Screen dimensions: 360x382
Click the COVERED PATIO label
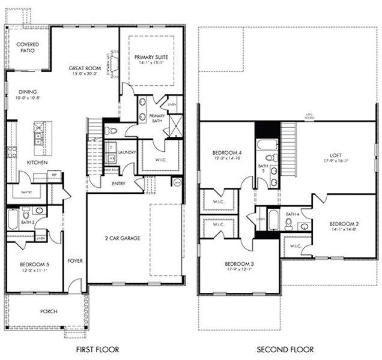coord(27,47)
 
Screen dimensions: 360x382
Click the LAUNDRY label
coord(127,152)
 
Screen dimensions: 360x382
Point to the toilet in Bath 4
coord(288,224)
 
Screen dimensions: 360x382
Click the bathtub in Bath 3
coord(266,144)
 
